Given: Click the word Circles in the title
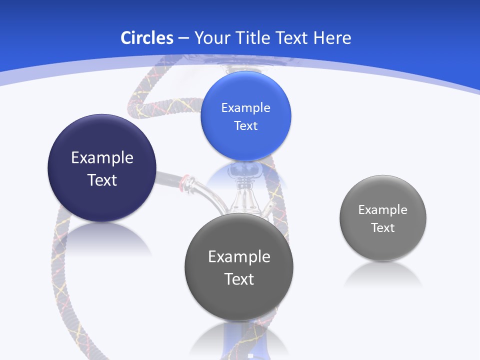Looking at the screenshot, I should (x=146, y=38).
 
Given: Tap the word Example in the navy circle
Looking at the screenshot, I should (x=102, y=157).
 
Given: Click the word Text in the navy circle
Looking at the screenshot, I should (x=102, y=180).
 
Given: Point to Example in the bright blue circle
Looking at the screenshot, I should (x=245, y=107).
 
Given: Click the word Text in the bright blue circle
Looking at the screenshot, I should (x=245, y=125).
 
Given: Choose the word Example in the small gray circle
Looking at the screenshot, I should (x=382, y=209).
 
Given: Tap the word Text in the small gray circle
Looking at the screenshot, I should (x=382, y=227).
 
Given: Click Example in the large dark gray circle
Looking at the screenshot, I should (x=239, y=256).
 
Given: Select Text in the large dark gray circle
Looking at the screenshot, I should (x=239, y=279).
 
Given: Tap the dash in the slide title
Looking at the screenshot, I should (x=183, y=38).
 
